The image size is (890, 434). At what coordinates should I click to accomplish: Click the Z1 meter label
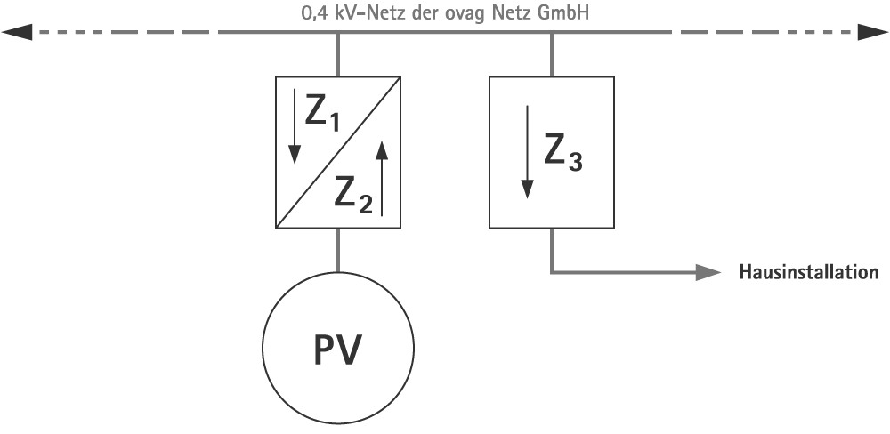pyautogui.click(x=322, y=111)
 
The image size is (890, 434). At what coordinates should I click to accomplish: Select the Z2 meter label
pyautogui.click(x=353, y=192)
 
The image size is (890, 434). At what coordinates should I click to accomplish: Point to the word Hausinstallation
pyautogui.click(x=808, y=272)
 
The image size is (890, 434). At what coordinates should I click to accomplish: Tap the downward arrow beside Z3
pyautogui.click(x=527, y=152)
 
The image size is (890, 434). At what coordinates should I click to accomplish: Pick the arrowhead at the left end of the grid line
pyautogui.click(x=16, y=34)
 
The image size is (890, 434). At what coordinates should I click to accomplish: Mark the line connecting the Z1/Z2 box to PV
pyautogui.click(x=338, y=250)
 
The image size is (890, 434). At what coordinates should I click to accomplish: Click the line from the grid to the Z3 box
pyautogui.click(x=552, y=55)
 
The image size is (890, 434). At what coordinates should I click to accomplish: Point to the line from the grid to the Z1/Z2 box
pyautogui.click(x=338, y=55)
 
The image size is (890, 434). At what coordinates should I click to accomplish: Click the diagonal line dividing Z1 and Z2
pyautogui.click(x=338, y=153)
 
